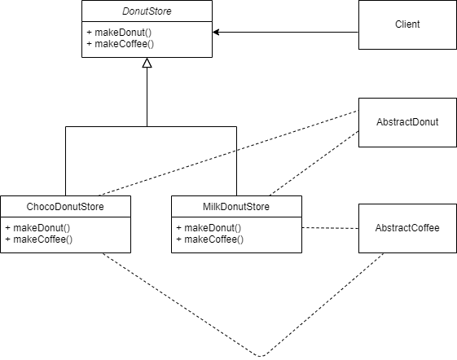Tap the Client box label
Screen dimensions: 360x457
407,24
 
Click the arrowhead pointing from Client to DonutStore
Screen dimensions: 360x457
217,33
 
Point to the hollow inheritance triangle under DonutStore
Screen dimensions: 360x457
147,64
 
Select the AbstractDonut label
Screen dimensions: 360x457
407,122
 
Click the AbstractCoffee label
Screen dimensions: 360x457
407,228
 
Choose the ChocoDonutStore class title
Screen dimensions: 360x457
65,208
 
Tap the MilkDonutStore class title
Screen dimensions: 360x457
236,208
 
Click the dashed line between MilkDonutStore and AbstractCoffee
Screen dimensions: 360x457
330,228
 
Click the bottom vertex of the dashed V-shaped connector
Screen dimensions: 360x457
261,356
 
